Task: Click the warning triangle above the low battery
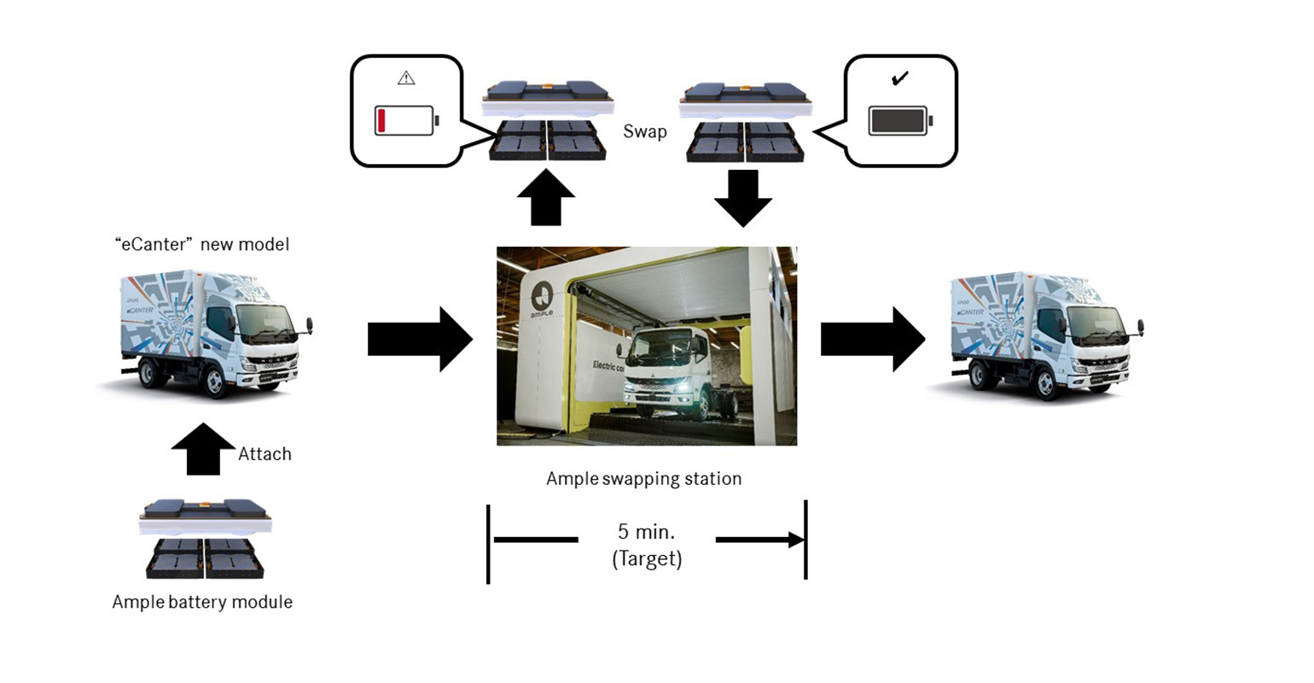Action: tap(406, 79)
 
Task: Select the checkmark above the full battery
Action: tap(899, 79)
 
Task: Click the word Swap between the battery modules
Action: tap(645, 132)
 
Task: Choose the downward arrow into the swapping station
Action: tap(743, 197)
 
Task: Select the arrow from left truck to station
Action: tap(419, 340)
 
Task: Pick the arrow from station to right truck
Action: tap(872, 340)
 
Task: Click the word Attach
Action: tap(265, 454)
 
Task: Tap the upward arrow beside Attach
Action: tap(203, 448)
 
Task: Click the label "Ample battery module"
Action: tap(202, 602)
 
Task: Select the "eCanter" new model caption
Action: tap(202, 245)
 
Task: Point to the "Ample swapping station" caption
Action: tap(644, 479)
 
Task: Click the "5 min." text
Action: tap(646, 532)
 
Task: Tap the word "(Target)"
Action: tap(647, 560)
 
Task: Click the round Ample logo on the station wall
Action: tap(543, 298)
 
